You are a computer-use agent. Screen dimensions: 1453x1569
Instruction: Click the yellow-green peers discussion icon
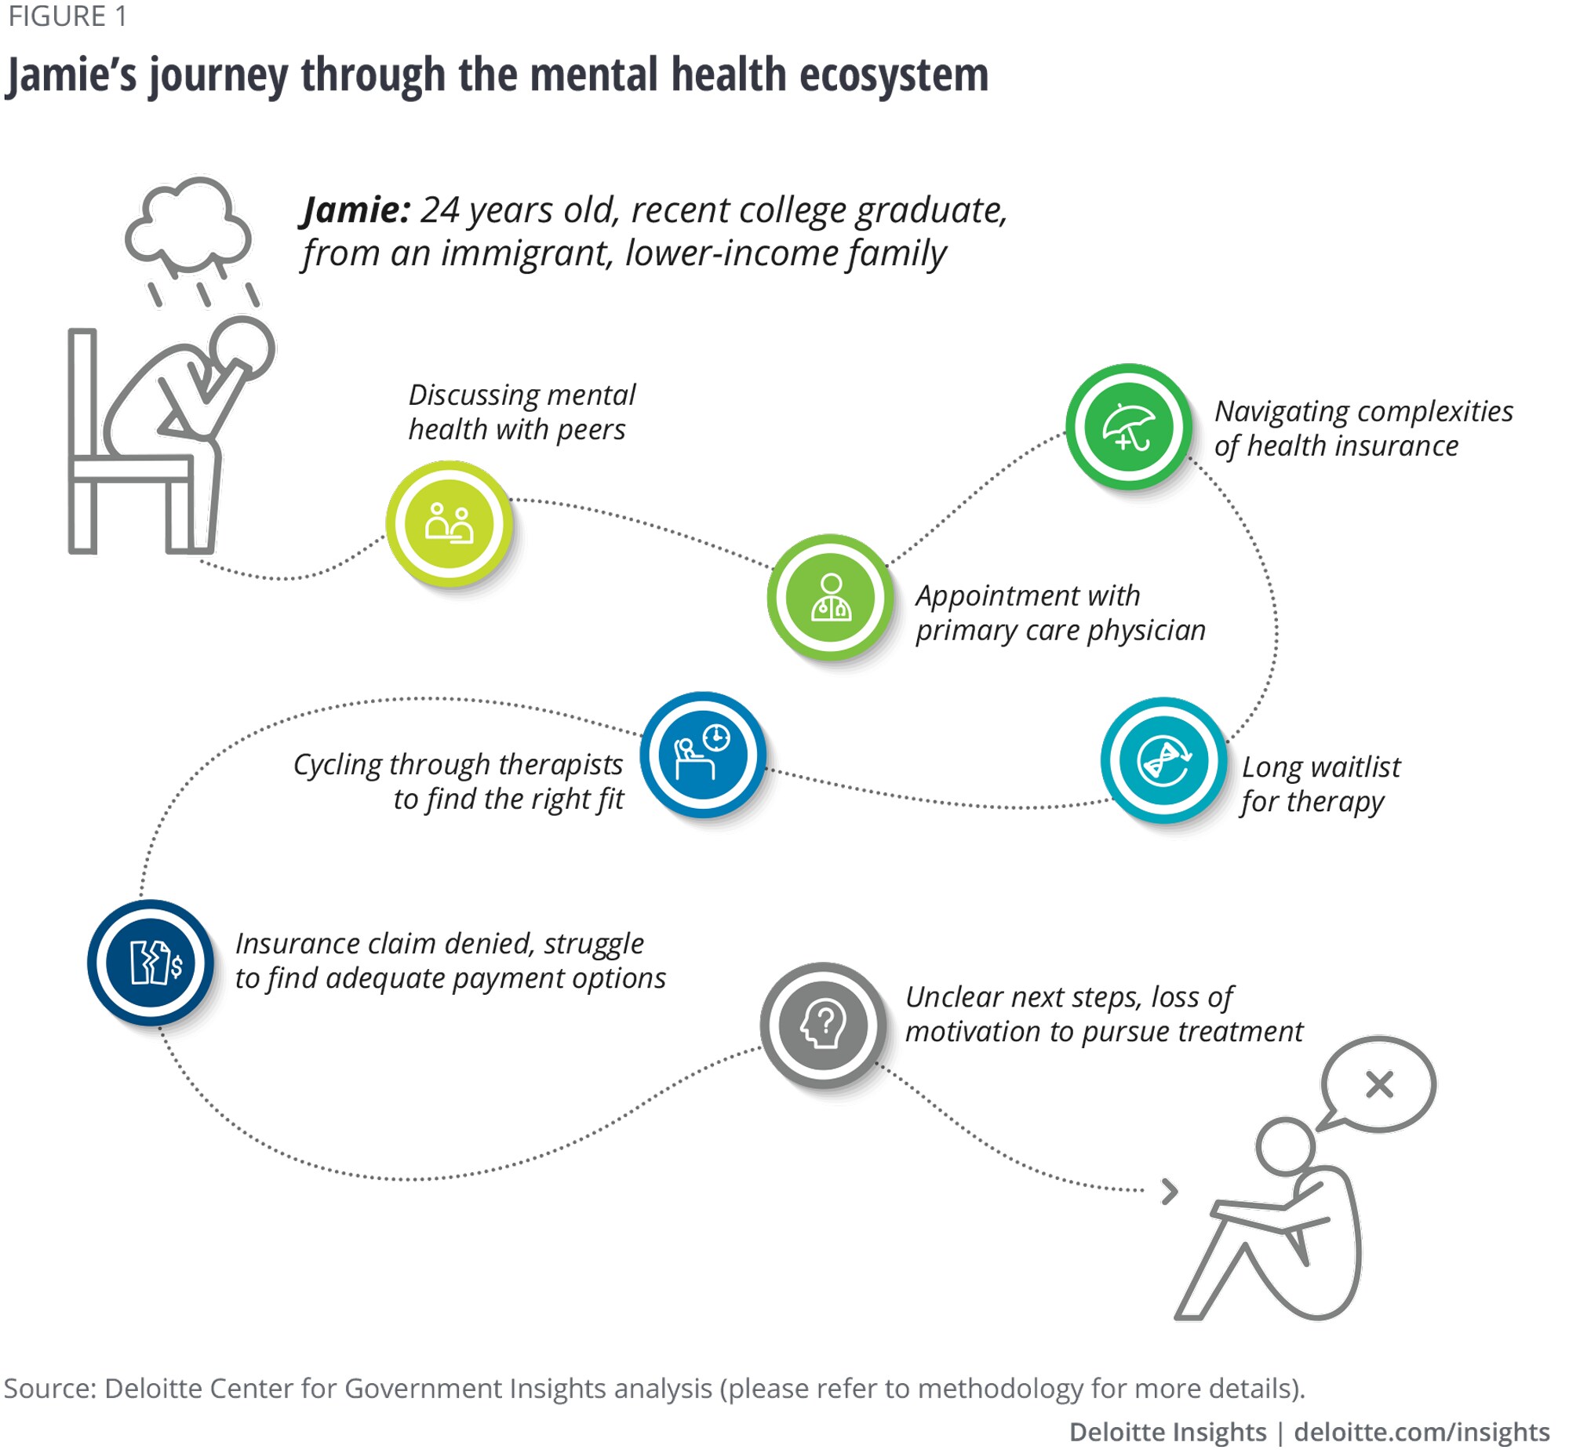449,523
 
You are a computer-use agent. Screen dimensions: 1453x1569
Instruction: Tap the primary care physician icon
830,598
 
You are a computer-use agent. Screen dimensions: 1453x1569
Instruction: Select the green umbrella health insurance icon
1128,427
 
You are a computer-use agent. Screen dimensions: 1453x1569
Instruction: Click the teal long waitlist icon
1163,760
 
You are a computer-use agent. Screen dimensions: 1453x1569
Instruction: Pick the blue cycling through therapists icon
703,755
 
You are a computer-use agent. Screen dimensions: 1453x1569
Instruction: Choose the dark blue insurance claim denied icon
150,963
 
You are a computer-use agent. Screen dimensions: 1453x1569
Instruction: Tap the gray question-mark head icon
822,1025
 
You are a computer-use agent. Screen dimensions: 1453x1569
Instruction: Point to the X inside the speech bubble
1379,1084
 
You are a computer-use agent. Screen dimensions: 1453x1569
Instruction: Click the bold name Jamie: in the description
356,211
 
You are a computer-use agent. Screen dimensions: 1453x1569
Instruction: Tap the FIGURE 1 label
67,16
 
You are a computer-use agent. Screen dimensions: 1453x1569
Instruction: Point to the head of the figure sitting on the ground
1284,1145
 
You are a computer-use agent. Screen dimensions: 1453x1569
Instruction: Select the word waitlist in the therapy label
1351,767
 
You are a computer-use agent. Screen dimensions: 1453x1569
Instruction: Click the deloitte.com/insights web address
1422,1432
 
